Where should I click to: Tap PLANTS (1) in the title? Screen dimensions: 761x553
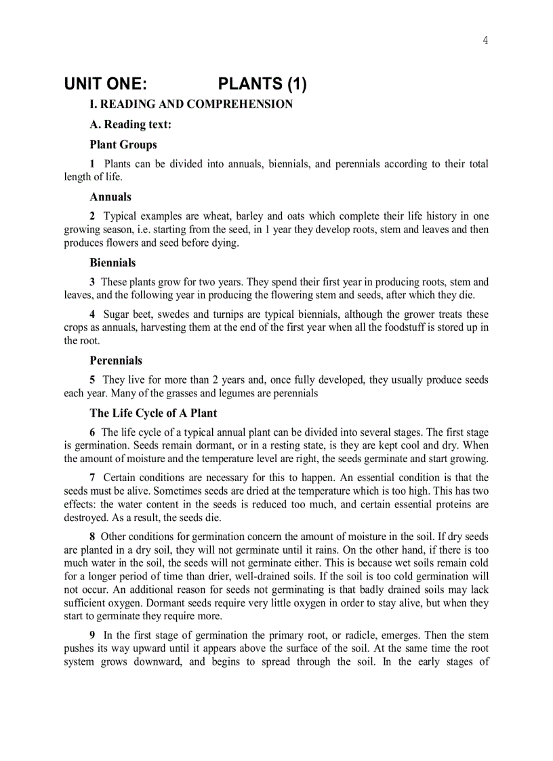click(x=262, y=85)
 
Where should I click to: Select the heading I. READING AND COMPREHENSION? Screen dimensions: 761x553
click(x=191, y=104)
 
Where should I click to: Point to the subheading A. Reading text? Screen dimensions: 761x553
click(x=130, y=124)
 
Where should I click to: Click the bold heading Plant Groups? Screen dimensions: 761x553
click(x=123, y=144)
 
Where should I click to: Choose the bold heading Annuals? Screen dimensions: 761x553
click(x=110, y=197)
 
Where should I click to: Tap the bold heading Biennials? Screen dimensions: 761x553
click(x=112, y=262)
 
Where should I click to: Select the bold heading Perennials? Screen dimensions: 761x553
click(x=116, y=361)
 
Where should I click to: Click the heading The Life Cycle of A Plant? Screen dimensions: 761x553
click(x=153, y=413)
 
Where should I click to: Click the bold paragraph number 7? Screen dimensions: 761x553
click(x=93, y=478)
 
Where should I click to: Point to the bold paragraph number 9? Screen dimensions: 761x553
click(x=93, y=636)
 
